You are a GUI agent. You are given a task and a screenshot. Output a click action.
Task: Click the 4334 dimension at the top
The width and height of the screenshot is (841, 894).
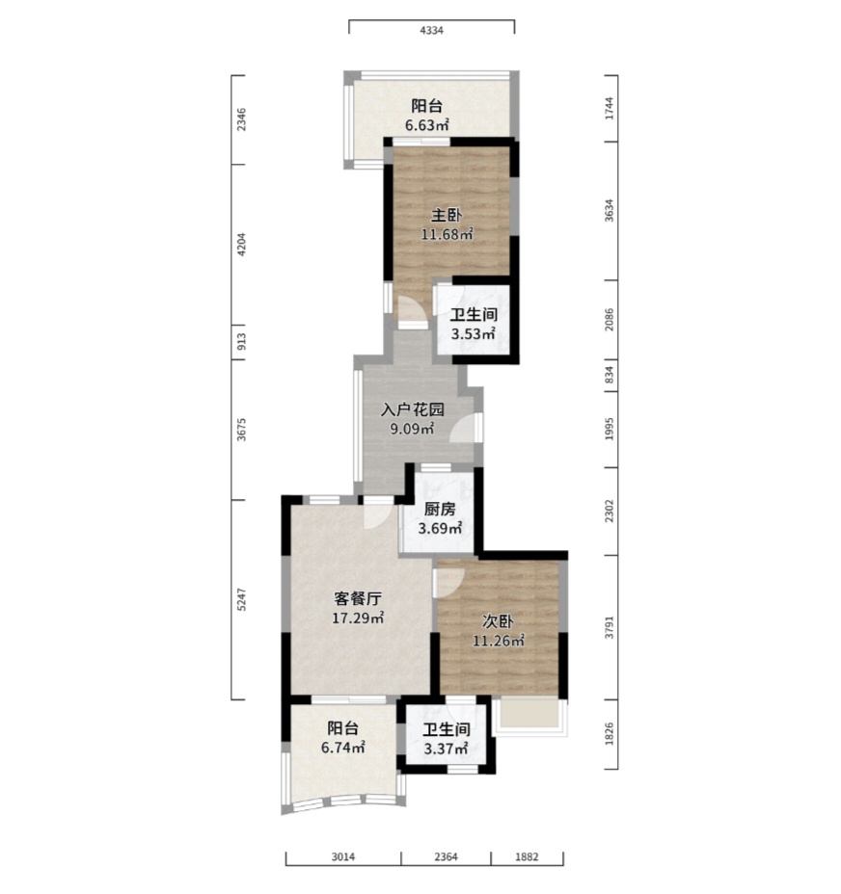click(432, 31)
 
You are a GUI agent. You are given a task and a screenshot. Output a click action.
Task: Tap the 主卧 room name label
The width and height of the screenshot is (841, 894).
click(447, 216)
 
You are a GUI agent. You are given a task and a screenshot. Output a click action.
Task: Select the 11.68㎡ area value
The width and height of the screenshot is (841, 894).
click(448, 234)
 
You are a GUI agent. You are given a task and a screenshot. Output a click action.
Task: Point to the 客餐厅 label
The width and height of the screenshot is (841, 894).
click(358, 598)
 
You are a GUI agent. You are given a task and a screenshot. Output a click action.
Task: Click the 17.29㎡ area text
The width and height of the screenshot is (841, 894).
click(358, 618)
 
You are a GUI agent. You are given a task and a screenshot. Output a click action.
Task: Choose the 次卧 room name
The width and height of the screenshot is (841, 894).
click(498, 621)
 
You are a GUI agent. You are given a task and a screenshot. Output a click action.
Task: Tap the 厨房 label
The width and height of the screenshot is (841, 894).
click(440, 510)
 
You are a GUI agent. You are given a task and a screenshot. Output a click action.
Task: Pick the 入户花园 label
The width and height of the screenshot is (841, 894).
click(412, 409)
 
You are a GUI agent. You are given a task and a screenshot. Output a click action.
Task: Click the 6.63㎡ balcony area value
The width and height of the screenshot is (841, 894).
click(427, 125)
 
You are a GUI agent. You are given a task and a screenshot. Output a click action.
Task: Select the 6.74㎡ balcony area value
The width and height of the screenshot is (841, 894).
click(343, 747)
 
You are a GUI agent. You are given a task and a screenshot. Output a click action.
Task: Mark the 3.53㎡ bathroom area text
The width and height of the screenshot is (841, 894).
click(474, 333)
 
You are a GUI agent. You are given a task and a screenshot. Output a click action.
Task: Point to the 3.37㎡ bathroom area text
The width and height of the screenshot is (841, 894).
click(446, 748)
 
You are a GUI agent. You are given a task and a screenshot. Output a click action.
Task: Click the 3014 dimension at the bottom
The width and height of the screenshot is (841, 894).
click(343, 857)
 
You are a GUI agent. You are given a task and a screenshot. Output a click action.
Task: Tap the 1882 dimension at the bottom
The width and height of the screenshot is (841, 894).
click(527, 857)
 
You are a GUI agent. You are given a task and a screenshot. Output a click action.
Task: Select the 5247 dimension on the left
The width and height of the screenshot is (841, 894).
click(241, 600)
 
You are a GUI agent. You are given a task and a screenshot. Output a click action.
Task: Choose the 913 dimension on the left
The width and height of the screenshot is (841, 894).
click(241, 342)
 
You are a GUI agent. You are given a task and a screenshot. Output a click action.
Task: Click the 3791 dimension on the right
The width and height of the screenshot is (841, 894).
click(610, 627)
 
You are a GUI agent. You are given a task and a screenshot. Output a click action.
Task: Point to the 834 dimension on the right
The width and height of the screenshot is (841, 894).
click(610, 375)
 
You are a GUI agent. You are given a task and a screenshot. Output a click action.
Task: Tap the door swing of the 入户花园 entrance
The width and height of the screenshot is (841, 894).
click(463, 429)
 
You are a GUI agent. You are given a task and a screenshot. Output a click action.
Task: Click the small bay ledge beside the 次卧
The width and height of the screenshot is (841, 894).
click(529, 713)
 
